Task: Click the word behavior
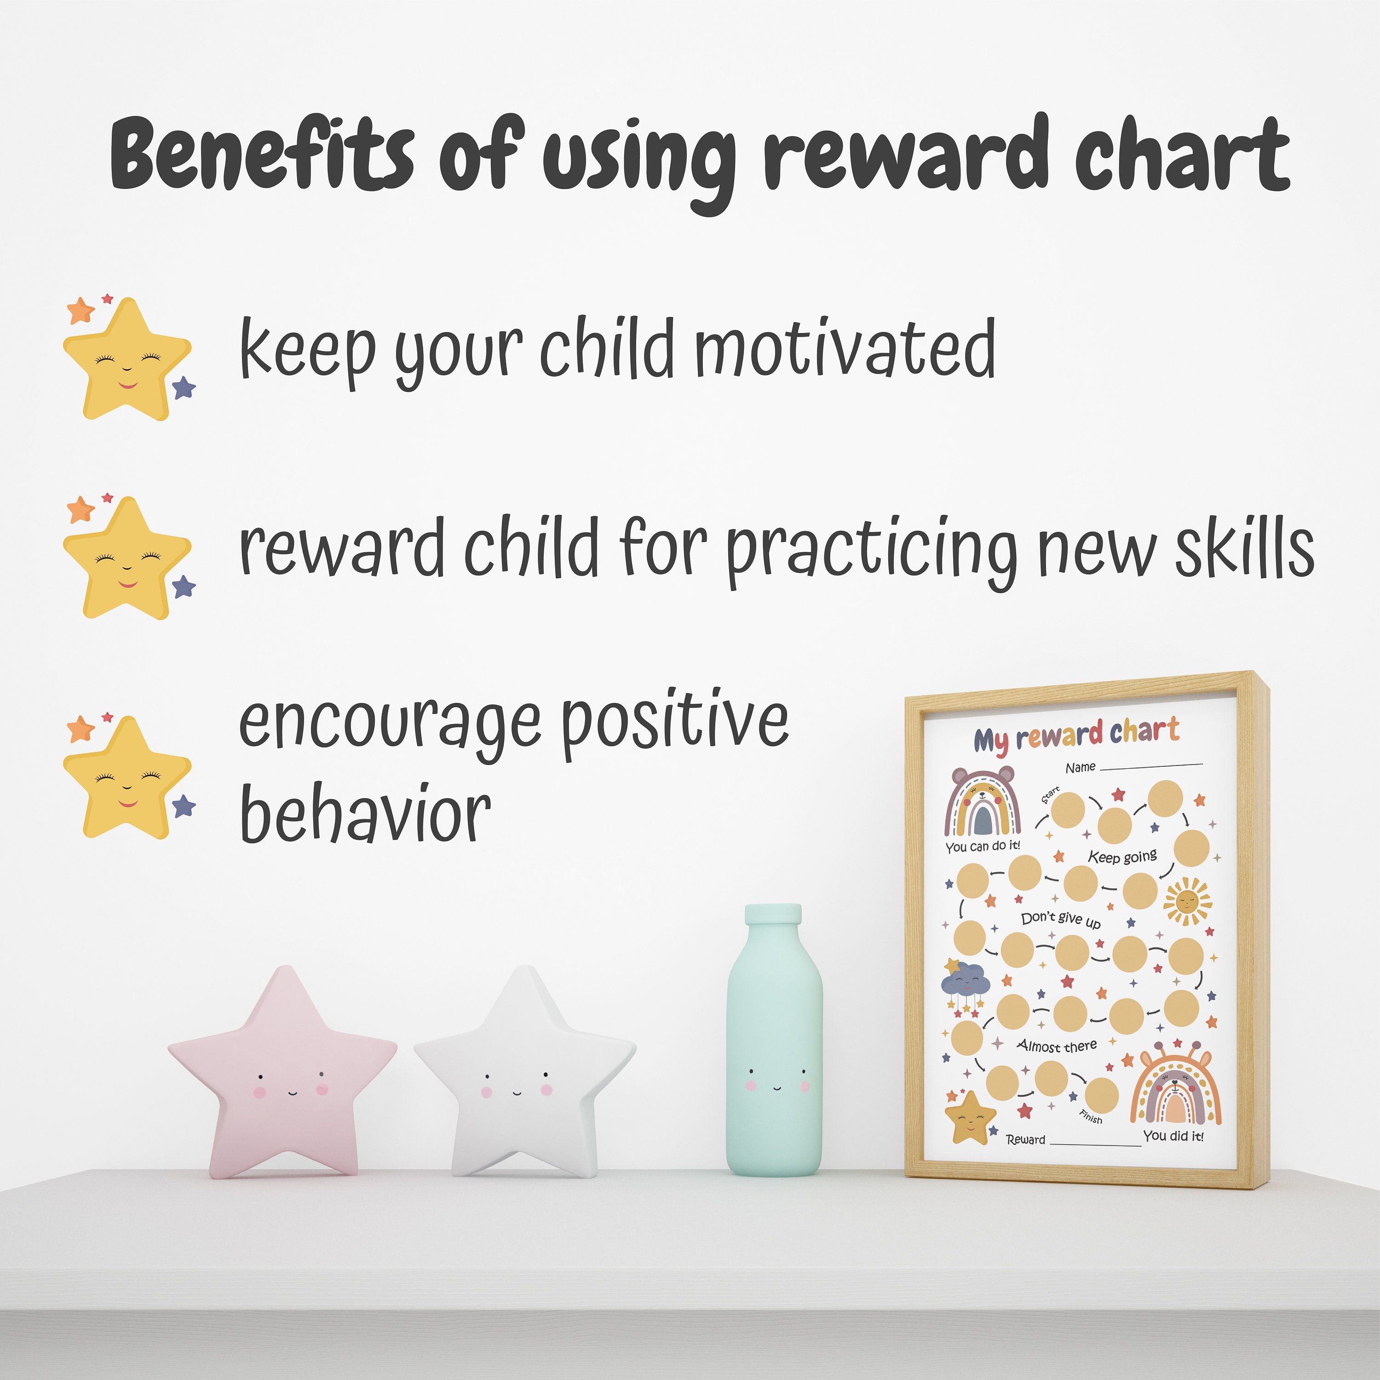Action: [365, 814]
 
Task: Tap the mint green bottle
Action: [774, 1050]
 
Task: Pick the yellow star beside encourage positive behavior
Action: [127, 779]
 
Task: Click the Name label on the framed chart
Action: [1080, 768]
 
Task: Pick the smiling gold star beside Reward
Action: [969, 1117]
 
